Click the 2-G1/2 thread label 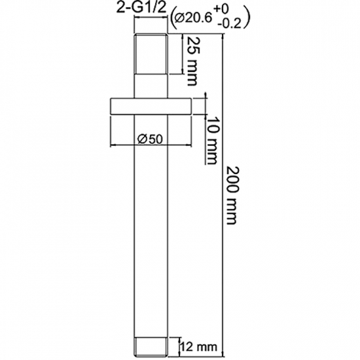click(x=141, y=8)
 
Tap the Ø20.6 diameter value click(x=193, y=18)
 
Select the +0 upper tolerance click(x=221, y=9)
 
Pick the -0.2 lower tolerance click(x=229, y=24)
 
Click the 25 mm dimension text click(x=192, y=62)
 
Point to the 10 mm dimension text click(x=211, y=141)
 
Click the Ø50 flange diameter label click(x=150, y=139)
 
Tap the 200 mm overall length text click(x=232, y=195)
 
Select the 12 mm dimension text click(x=199, y=347)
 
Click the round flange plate click(x=151, y=106)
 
